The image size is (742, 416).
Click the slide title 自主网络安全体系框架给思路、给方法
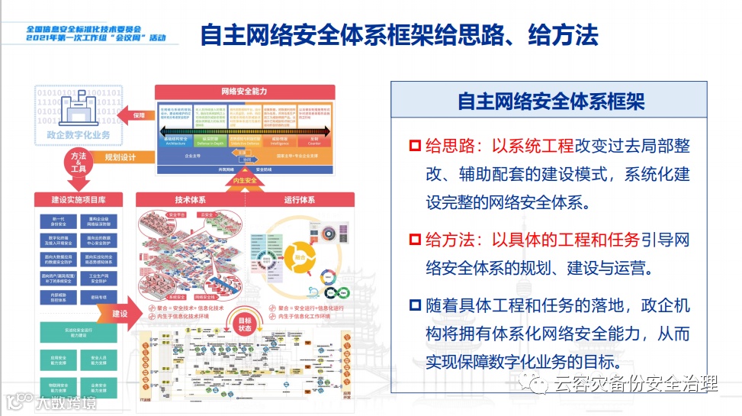tap(399, 35)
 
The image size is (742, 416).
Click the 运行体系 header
tap(299, 200)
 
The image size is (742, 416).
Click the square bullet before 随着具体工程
tap(415, 306)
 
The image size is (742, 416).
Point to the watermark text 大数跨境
tap(64, 402)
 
